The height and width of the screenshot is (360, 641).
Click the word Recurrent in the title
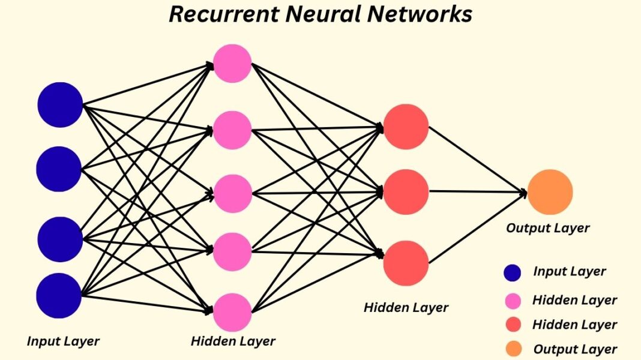pos(226,14)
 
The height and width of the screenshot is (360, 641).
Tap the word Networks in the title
pos(420,14)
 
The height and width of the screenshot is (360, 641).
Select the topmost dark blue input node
pos(60,105)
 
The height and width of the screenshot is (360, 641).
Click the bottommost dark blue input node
pos(59,295)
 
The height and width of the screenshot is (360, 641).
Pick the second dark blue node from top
pos(59,169)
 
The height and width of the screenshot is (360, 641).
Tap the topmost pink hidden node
pos(232,64)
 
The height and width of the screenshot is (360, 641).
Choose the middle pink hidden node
pos(232,193)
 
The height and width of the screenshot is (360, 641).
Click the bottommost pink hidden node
pos(232,312)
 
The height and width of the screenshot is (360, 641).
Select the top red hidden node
pos(406,127)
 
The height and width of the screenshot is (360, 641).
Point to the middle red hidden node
pos(406,192)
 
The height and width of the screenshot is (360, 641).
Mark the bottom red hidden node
pos(406,263)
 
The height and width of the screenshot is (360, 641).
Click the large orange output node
pos(550,192)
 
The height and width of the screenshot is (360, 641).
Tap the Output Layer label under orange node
pos(547,228)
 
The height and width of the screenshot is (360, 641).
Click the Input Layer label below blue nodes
pos(63,341)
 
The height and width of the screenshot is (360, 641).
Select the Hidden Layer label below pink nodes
pos(233,341)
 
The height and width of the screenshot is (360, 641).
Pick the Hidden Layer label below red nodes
pos(406,308)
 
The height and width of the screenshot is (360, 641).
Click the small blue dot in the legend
pos(512,273)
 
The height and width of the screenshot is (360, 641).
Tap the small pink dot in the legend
pos(512,300)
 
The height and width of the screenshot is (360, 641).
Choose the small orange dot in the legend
pos(512,349)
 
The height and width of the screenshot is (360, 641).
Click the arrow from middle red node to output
pos(478,192)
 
